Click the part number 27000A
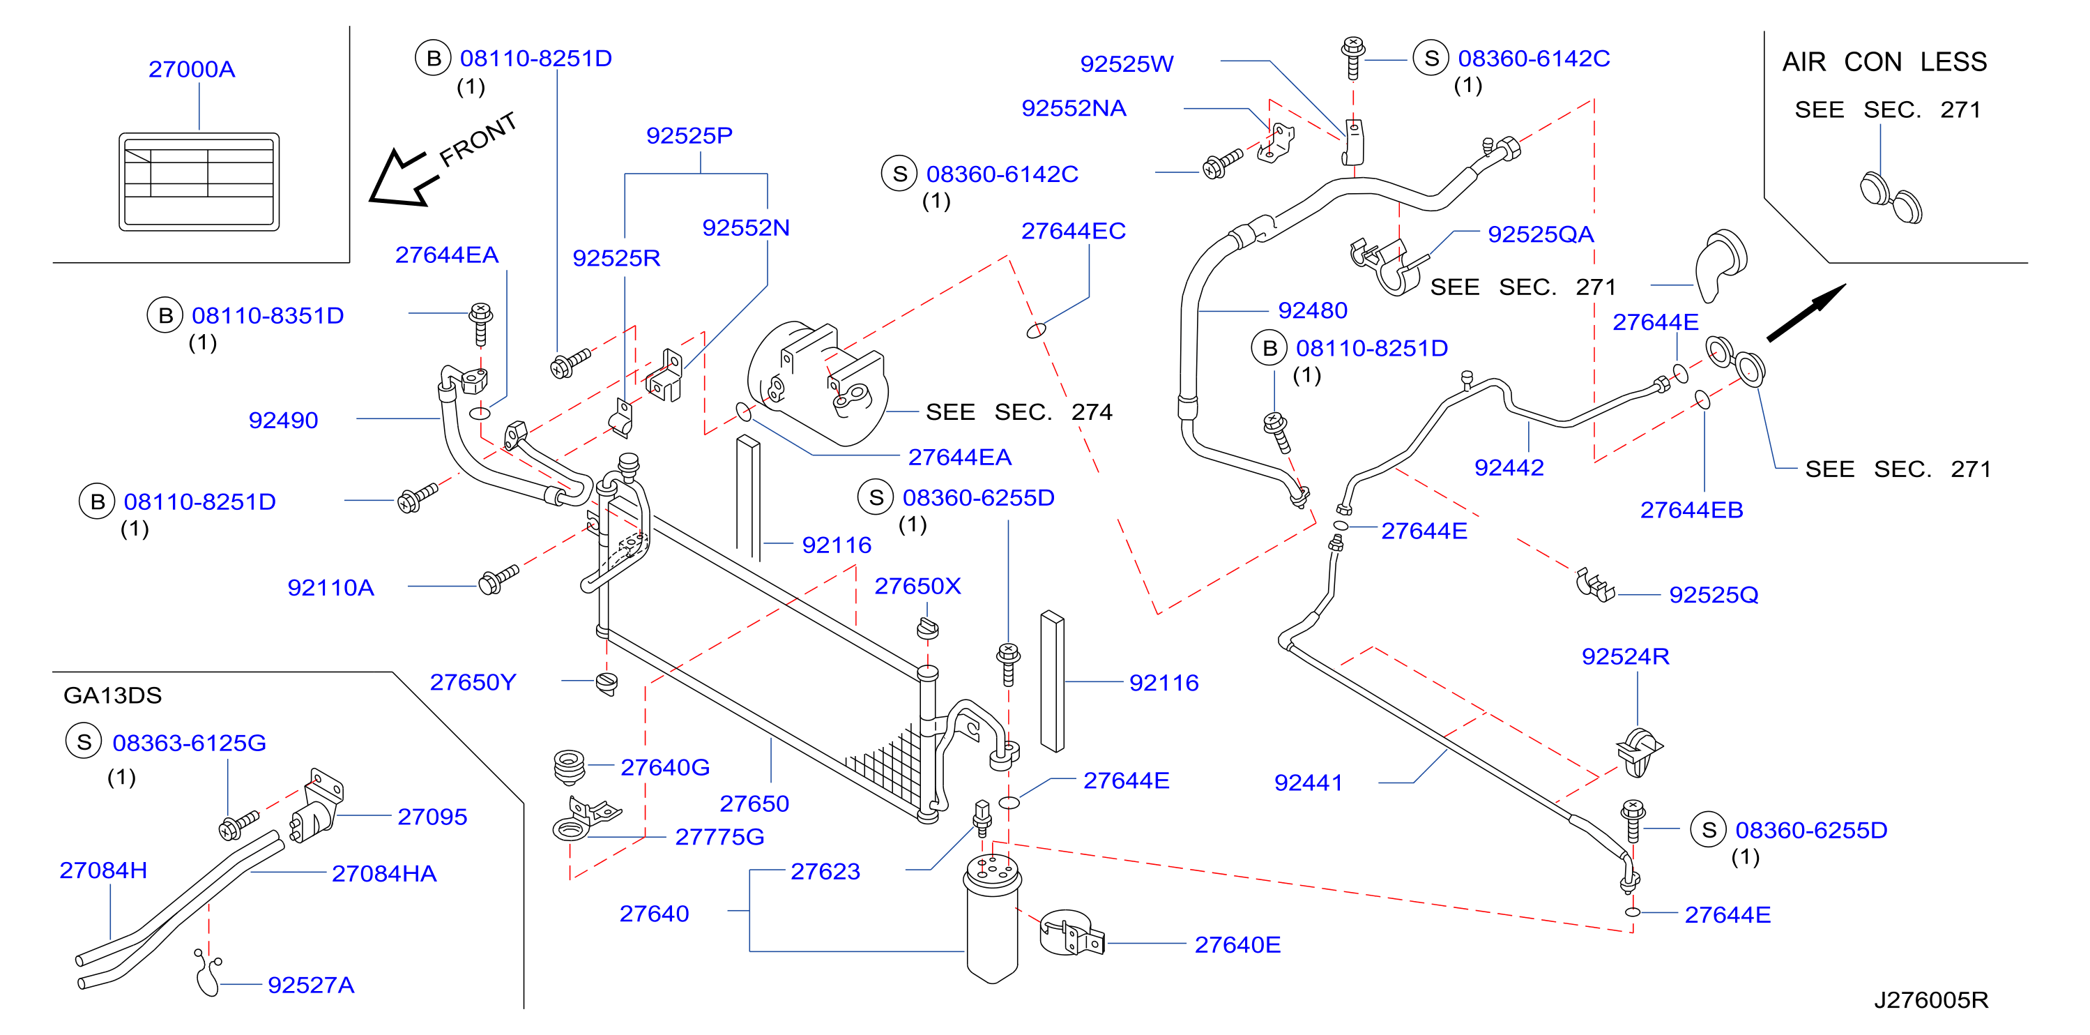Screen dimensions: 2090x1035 192,69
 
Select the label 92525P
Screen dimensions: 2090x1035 689,135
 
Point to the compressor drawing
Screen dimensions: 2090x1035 817,382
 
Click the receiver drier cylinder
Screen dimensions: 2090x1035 992,917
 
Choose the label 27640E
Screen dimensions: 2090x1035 1237,945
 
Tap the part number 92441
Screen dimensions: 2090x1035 1308,783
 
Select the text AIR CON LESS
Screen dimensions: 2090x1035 1884,61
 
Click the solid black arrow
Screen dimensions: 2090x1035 1806,312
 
